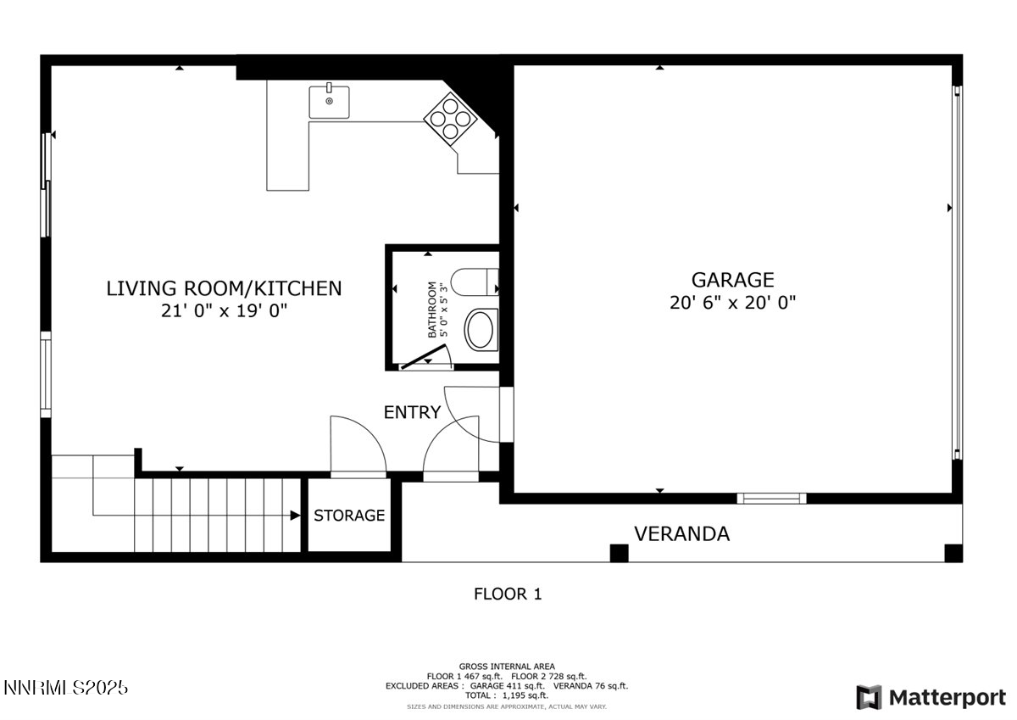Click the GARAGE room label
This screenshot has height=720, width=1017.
point(732,279)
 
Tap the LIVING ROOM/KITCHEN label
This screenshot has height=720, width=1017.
point(224,288)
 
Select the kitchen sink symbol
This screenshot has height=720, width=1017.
point(330,101)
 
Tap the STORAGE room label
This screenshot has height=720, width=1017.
point(349,515)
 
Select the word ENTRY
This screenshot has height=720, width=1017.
point(412,412)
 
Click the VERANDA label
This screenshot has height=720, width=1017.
point(681,533)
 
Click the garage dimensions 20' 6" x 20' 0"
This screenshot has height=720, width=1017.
point(732,302)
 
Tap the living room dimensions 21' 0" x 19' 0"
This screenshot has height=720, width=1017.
point(224,311)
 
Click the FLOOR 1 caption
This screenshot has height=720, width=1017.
point(507,594)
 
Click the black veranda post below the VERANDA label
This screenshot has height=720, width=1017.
point(620,553)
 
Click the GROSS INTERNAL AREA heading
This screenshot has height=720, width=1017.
point(507,667)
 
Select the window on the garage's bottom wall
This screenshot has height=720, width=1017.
point(770,498)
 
